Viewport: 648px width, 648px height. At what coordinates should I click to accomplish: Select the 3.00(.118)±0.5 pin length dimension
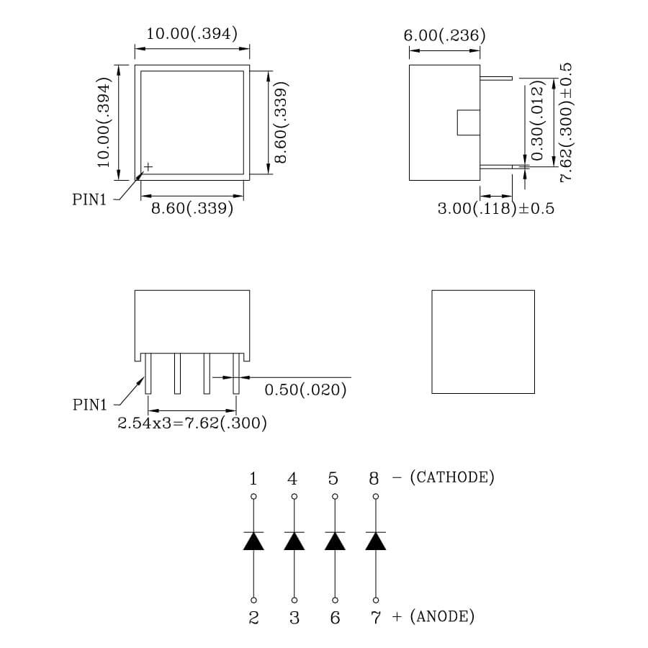(496, 209)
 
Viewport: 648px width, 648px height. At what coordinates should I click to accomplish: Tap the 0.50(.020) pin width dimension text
(306, 390)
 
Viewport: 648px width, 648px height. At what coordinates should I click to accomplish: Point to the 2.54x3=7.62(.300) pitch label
(192, 423)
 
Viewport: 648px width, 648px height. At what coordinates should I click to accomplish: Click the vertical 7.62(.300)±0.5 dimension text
(565, 122)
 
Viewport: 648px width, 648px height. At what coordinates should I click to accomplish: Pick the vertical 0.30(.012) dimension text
(536, 122)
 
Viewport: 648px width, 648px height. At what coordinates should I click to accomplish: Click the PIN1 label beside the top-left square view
(89, 200)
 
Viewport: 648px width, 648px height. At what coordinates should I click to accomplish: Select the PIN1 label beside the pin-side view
(90, 405)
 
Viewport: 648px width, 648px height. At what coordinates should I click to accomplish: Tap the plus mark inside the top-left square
(148, 166)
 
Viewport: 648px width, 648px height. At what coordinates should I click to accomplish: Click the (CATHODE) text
(451, 477)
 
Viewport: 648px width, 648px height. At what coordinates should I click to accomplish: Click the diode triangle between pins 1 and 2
(253, 541)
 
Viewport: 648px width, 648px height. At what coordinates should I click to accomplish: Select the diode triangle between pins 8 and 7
(375, 541)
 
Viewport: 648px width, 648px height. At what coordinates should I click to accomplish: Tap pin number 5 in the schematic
(333, 479)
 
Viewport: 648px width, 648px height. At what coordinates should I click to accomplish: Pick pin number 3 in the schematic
(294, 618)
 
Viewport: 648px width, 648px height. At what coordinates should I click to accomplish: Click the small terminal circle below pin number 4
(294, 497)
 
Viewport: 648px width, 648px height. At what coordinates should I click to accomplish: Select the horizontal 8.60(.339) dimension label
(192, 209)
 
